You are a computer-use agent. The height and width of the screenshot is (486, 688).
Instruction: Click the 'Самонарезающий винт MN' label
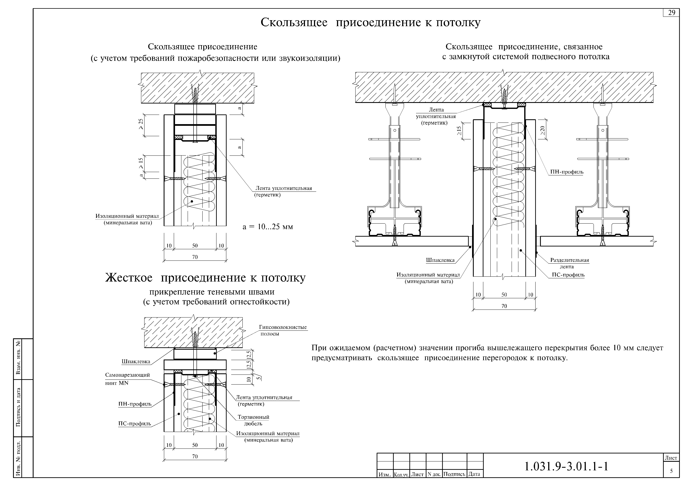127,379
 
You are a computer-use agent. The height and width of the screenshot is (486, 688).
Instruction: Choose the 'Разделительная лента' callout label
569,263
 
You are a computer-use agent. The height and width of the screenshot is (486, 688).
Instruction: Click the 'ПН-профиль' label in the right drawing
567,172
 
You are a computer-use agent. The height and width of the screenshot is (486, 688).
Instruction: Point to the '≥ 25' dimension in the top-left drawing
141,124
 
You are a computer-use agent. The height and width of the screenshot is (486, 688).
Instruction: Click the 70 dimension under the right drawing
504,306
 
